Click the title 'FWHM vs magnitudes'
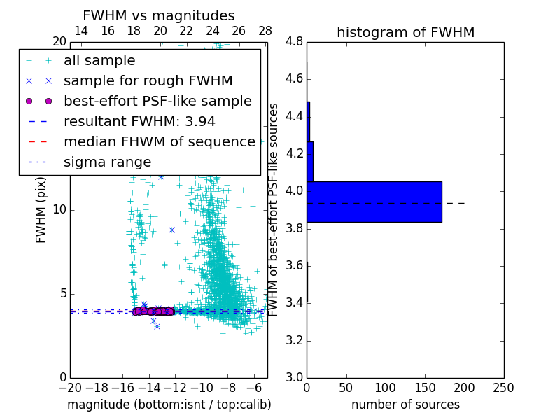(159, 15)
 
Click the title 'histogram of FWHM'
(405, 32)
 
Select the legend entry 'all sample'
(99, 61)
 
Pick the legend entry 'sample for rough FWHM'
(148, 81)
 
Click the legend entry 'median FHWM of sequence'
(160, 142)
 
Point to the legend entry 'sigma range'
(107, 162)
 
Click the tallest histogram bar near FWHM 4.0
(374, 202)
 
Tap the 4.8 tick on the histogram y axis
(294, 42)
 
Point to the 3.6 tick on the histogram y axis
(294, 266)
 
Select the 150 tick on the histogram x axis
(425, 387)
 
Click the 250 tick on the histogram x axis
(503, 387)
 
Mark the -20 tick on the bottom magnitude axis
(70, 387)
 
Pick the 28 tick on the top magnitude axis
(265, 31)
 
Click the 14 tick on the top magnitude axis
(81, 31)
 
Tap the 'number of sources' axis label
(405, 405)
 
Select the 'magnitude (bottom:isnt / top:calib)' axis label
(169, 405)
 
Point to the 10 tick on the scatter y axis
(59, 210)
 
